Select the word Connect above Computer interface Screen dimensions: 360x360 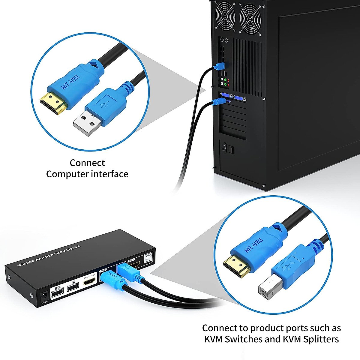pos(87,163)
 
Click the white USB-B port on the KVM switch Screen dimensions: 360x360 pos(148,258)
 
